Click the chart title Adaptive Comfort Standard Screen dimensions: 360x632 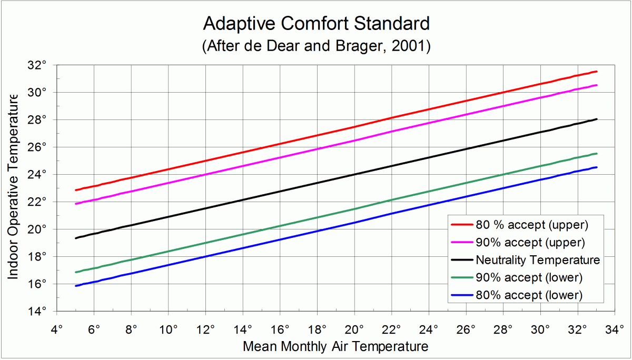click(316, 24)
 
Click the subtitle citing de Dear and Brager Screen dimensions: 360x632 click(316, 46)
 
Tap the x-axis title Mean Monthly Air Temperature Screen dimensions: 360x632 click(335, 347)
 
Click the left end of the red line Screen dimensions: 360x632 click(76, 190)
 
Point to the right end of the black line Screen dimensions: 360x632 click(597, 119)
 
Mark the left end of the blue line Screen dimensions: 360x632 click(76, 286)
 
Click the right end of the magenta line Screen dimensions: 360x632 click(597, 85)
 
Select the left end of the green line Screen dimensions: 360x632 click(76, 272)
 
